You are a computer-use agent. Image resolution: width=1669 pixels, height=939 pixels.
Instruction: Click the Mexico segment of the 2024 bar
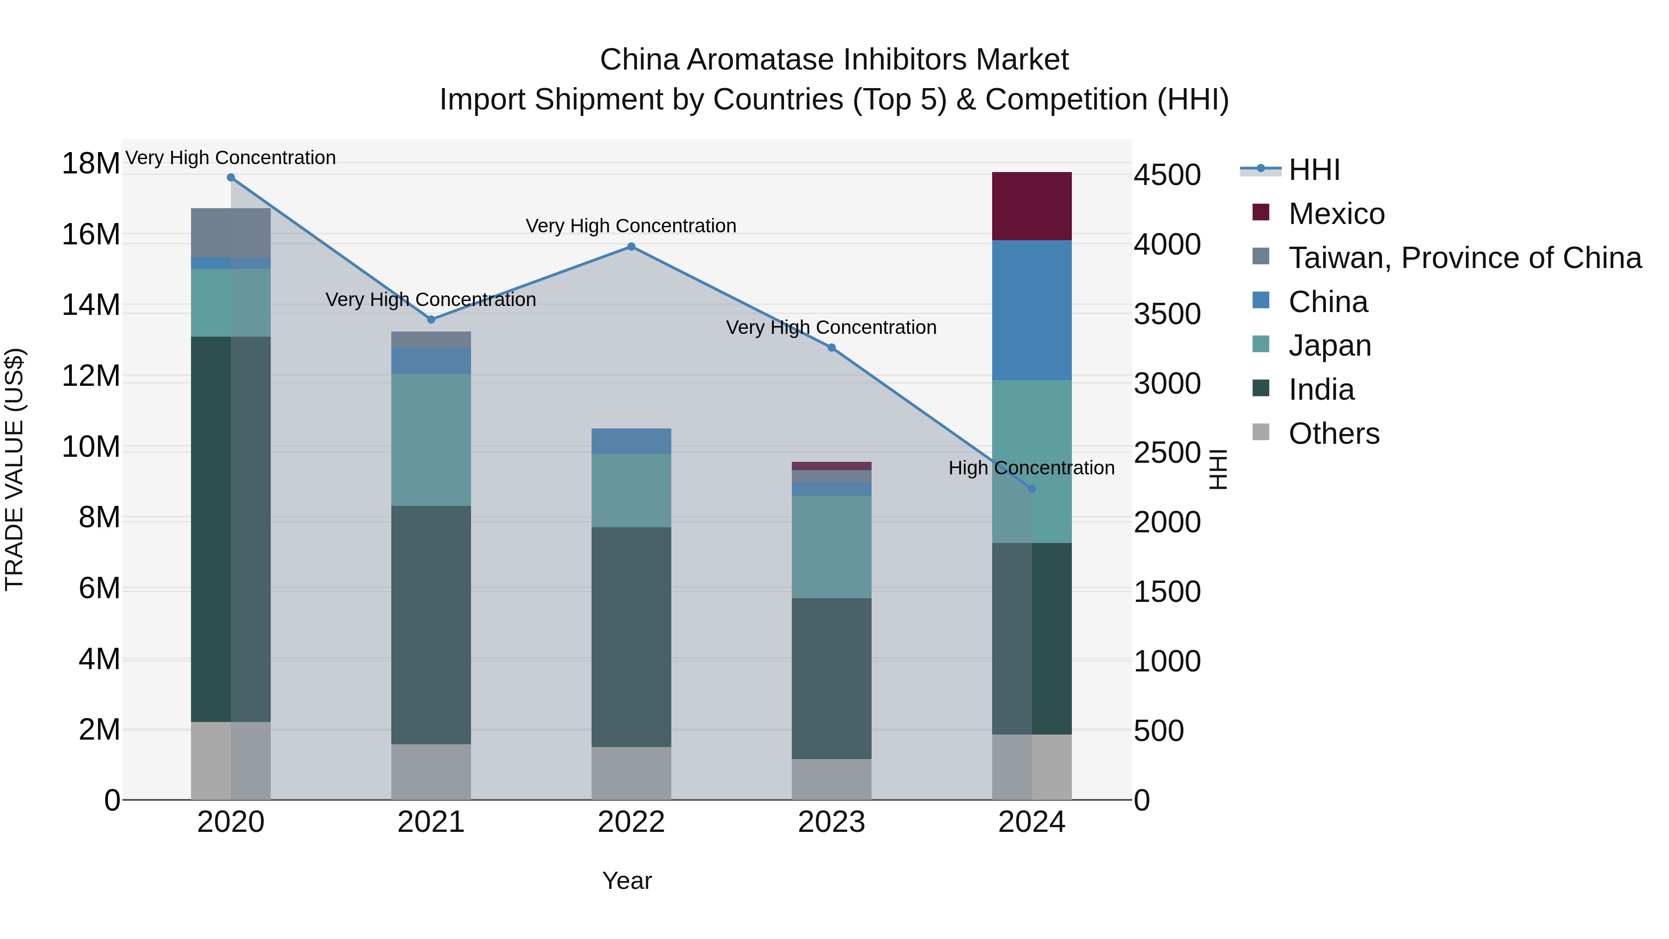[1032, 206]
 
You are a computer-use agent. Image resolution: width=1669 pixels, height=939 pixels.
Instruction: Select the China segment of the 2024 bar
[1032, 310]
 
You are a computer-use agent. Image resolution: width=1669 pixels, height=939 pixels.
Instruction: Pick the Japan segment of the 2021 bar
[431, 440]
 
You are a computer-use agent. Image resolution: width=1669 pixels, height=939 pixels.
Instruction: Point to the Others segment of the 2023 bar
[831, 779]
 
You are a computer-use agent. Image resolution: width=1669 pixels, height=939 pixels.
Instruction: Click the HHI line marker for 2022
[631, 246]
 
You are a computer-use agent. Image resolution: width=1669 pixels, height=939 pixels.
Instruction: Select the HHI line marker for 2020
[231, 178]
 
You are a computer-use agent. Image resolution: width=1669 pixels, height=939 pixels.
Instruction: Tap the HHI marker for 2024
[1032, 489]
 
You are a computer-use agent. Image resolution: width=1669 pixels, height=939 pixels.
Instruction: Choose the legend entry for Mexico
[1336, 214]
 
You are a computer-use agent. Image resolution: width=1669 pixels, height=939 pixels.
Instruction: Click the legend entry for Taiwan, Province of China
[1464, 258]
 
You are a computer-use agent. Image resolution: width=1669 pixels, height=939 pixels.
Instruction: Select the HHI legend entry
[1314, 170]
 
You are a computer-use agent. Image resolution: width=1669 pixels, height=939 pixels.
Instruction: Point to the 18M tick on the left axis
[91, 163]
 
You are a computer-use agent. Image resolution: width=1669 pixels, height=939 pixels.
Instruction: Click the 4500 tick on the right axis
[1167, 175]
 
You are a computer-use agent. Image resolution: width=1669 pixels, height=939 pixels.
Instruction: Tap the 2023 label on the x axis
[831, 822]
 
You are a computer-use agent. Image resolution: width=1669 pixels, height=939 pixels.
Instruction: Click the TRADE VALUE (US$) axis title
[14, 469]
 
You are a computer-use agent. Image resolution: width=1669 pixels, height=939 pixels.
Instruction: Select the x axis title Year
[626, 881]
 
